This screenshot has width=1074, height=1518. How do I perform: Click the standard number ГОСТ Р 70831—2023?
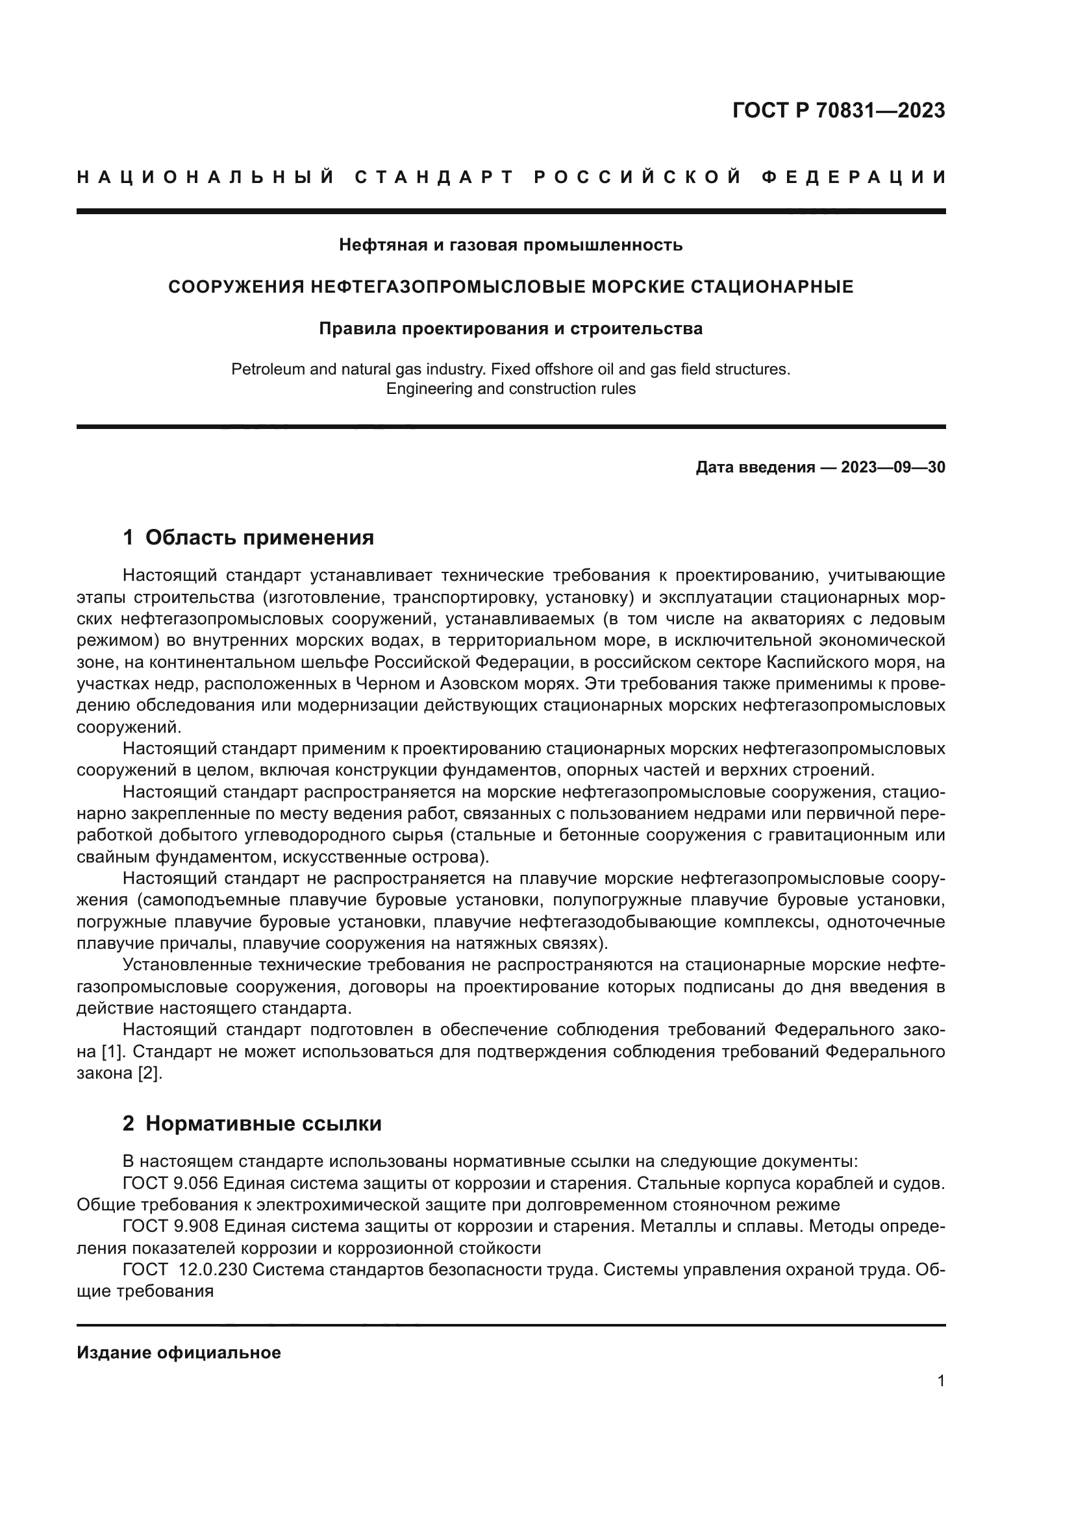pyautogui.click(x=838, y=110)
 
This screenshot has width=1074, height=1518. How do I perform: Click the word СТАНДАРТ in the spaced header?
pyautogui.click(x=434, y=177)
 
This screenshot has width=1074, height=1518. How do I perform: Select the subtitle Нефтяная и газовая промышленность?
pyautogui.click(x=510, y=245)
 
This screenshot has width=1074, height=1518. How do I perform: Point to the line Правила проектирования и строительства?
pyautogui.click(x=510, y=328)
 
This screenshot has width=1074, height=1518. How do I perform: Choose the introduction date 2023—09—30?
pyautogui.click(x=893, y=467)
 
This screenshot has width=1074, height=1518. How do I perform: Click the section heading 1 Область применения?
pyautogui.click(x=249, y=537)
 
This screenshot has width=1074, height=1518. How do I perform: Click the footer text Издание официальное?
pyautogui.click(x=179, y=1353)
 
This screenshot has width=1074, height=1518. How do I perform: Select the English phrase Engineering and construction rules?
pyautogui.click(x=510, y=389)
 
